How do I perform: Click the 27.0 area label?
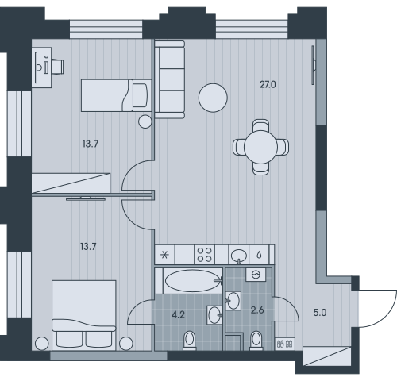pyautogui.click(x=268, y=85)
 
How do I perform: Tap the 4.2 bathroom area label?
pyautogui.click(x=178, y=314)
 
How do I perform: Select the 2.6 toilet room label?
pyautogui.click(x=257, y=310)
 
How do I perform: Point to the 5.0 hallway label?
pyautogui.click(x=320, y=313)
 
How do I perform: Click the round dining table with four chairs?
pyautogui.click(x=260, y=147)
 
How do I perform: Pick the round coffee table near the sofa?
pyautogui.click(x=213, y=98)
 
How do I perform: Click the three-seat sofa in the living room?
pyautogui.click(x=170, y=79)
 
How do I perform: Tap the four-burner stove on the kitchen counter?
pyautogui.click(x=205, y=255)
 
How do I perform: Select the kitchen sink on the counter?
pyautogui.click(x=239, y=255)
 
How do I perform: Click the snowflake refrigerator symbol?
pyautogui.click(x=165, y=255)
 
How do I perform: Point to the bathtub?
pyautogui.click(x=193, y=281)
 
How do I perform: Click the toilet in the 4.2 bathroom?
pyautogui.click(x=190, y=341)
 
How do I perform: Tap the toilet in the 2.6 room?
pyautogui.click(x=256, y=341)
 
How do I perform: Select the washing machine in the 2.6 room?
pyautogui.click(x=256, y=275)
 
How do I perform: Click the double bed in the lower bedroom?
pyautogui.click(x=84, y=315)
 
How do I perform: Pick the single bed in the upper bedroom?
pyautogui.click(x=116, y=95)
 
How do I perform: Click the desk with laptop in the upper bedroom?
pyautogui.click(x=42, y=67)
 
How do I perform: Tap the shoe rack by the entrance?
pyautogui.click(x=285, y=344)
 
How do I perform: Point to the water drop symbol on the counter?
pyautogui.click(x=260, y=255)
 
